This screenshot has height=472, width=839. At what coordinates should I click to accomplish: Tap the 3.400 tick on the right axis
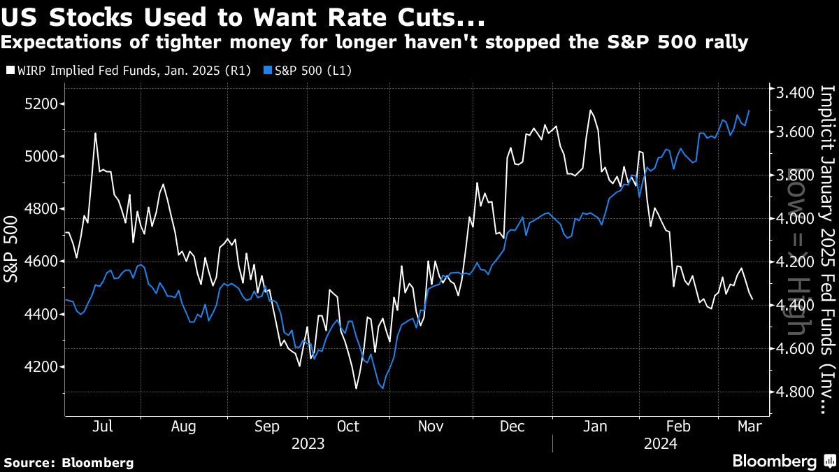point(790,92)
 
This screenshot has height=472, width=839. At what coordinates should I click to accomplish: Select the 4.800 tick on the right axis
point(790,392)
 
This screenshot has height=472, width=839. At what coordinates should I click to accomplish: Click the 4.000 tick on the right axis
point(790,219)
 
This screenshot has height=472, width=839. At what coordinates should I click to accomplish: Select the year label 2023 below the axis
point(308,443)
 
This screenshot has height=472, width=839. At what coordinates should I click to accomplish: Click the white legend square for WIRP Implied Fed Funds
point(8,70)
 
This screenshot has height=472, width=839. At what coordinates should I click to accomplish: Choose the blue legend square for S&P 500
point(268,70)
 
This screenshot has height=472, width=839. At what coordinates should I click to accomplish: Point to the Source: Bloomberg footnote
point(69,462)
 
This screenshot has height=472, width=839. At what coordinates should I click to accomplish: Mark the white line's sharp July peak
point(94,133)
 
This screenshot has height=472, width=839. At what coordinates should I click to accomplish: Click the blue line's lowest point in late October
point(382,389)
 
